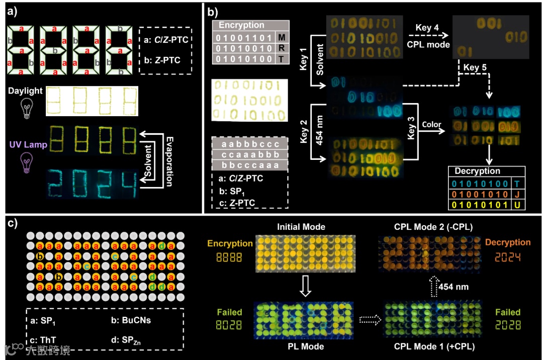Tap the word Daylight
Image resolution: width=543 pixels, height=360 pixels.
tap(25, 91)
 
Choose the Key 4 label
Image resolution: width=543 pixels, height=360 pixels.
tap(424, 28)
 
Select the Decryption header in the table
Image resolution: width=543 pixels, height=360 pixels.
tap(477, 171)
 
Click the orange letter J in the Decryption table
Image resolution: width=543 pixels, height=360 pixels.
tap(518, 194)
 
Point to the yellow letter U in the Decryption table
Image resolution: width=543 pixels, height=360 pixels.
tap(518, 205)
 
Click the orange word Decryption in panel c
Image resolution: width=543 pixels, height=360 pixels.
tap(508, 242)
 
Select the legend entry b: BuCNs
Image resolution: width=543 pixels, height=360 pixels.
tap(130, 319)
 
